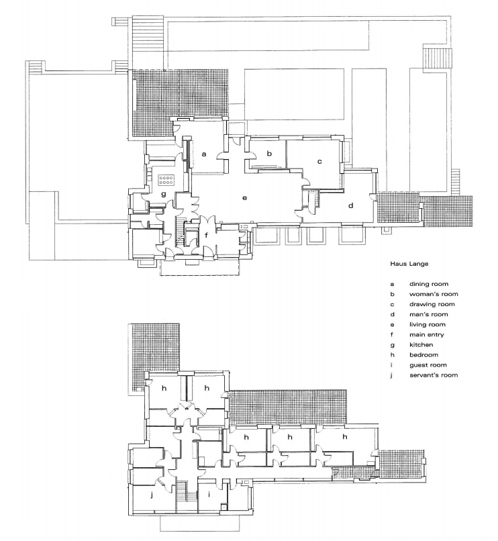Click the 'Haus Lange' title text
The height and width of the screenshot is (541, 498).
pos(409,264)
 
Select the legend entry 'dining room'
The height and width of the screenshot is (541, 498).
pos(429,284)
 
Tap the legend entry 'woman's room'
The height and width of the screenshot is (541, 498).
pos(434,294)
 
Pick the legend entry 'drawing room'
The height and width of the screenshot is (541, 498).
pos(432,304)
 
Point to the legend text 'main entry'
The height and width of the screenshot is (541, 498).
pos(427,335)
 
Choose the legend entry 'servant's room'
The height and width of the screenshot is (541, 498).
pos(434,375)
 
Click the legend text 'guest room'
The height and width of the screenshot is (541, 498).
pos(428,365)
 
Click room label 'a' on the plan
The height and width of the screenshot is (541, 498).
pos(204,154)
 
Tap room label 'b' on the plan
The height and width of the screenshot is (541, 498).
pos(269,153)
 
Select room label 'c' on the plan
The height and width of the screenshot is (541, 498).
pos(319,161)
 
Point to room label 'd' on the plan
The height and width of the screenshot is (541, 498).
pos(350,205)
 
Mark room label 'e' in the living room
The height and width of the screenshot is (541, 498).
pos(244,198)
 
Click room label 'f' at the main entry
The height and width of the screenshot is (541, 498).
pos(206,236)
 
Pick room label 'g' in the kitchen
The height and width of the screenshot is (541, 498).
pos(164,194)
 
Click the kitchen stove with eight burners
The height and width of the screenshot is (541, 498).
pos(166,179)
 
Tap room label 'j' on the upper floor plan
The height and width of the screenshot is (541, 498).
pos(152,495)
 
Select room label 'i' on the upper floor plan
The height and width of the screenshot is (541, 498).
pos(209,494)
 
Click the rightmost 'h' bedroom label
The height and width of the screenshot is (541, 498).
pos(344,437)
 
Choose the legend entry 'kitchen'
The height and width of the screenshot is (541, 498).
pos(421,345)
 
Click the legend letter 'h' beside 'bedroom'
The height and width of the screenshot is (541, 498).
pos(392,354)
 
